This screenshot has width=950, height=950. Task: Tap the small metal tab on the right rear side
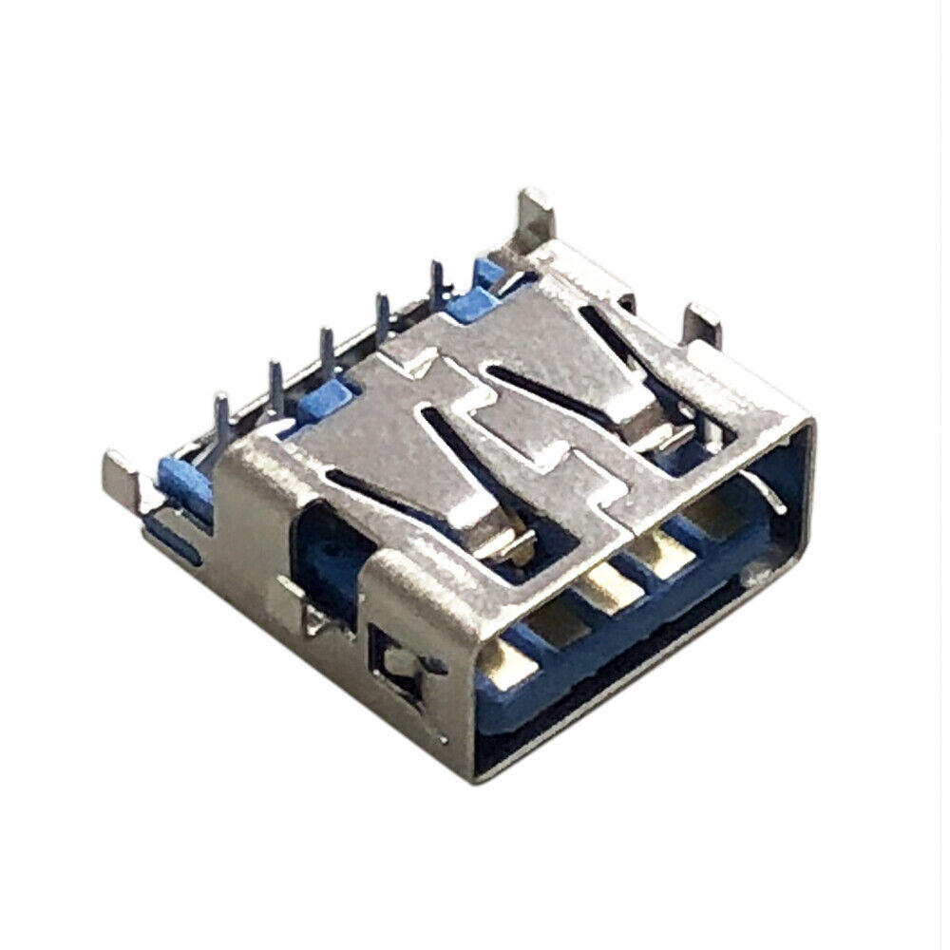704,324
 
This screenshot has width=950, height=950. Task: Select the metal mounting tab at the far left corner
120,473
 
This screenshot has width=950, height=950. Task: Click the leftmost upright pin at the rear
221,410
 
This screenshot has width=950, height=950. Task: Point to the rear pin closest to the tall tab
439,280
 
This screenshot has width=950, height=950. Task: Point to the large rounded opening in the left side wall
328,560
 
